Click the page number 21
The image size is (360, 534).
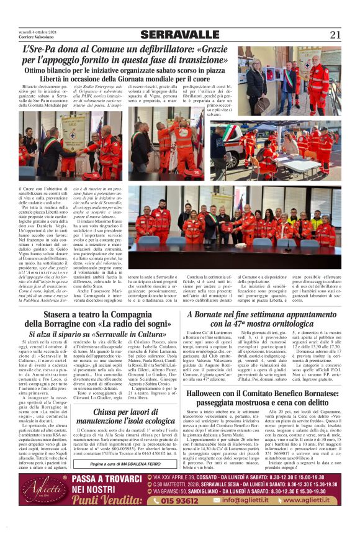(x=336, y=35)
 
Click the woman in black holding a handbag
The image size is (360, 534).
(x=257, y=76)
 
